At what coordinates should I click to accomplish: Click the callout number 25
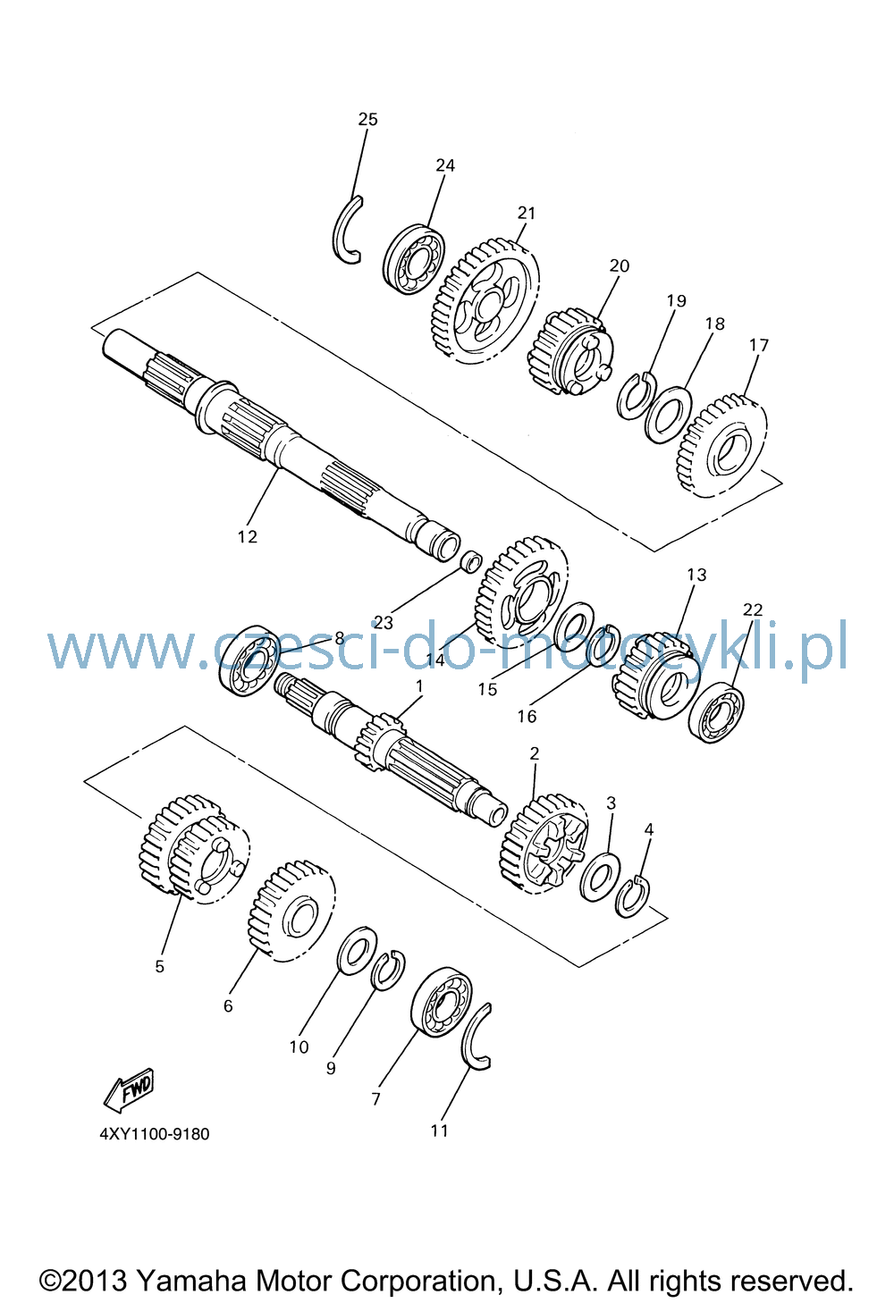pos(367,119)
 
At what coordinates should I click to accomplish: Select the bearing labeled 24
pos(415,259)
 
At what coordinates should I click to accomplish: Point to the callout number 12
pos(248,536)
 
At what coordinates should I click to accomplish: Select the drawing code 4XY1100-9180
pos(155,1134)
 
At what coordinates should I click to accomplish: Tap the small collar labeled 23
pos(471,562)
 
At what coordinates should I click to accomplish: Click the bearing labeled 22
pos(716,712)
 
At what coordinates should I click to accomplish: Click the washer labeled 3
pos(600,877)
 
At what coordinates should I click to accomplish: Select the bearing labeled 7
pos(442,1002)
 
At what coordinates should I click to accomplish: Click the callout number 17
pos(759,346)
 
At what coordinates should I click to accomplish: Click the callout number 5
pos(159,966)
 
